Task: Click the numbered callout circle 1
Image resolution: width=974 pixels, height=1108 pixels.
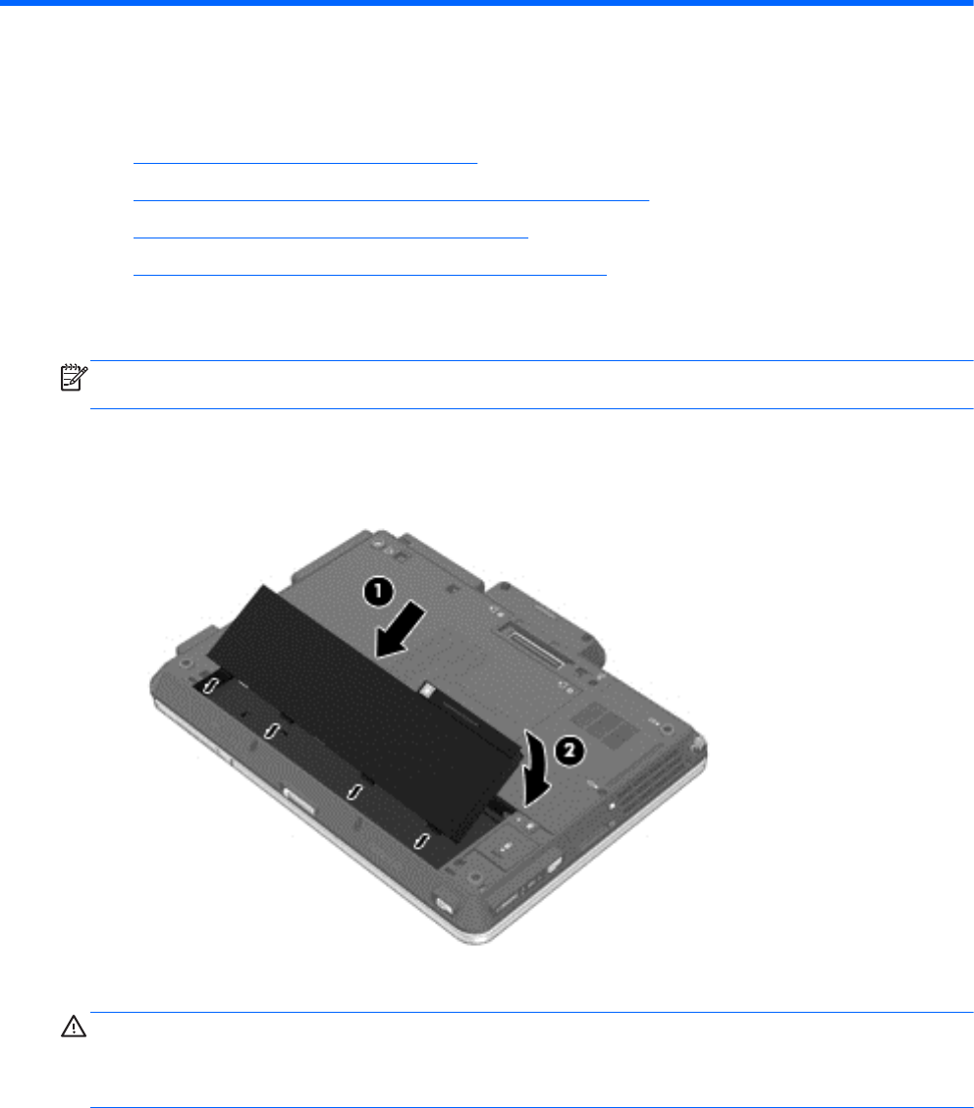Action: tap(378, 591)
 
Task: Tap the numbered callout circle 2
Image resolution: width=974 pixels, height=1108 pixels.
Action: tap(569, 751)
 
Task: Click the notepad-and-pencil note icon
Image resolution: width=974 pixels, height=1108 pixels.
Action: tap(74, 377)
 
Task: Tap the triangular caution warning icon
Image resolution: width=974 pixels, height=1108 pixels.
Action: tap(74, 1027)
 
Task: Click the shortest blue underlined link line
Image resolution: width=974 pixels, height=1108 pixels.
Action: tap(305, 163)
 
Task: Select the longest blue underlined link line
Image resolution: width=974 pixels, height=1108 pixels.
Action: tap(391, 200)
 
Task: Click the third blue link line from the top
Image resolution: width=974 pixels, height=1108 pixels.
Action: tap(331, 238)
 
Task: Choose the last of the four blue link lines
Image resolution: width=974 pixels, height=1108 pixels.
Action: tap(369, 275)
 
